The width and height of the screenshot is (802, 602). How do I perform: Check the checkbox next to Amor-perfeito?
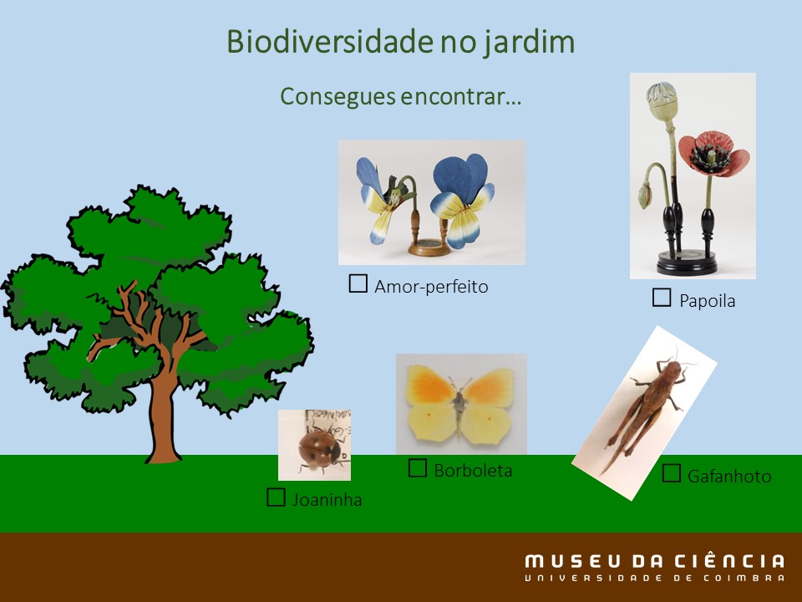(x=358, y=283)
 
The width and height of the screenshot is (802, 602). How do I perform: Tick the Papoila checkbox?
(x=662, y=298)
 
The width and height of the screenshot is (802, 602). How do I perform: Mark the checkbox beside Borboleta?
(x=418, y=468)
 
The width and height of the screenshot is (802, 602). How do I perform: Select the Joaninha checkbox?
(x=276, y=497)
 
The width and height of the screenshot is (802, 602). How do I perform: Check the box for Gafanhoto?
(x=671, y=473)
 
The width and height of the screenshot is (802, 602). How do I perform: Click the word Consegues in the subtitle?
(x=338, y=97)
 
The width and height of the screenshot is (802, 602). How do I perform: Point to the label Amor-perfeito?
(x=431, y=287)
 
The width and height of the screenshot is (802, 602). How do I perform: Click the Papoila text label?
(x=708, y=300)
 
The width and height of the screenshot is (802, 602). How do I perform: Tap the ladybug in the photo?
(x=320, y=449)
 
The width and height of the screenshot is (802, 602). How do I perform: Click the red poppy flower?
(x=713, y=154)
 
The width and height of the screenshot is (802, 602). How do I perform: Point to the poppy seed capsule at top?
(x=662, y=101)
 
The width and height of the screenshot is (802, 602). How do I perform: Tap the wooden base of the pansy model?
(x=429, y=248)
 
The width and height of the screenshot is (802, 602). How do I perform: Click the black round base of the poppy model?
(x=687, y=263)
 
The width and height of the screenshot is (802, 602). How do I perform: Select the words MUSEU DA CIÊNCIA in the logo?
(x=654, y=561)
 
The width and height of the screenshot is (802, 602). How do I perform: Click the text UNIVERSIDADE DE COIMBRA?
(x=654, y=579)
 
